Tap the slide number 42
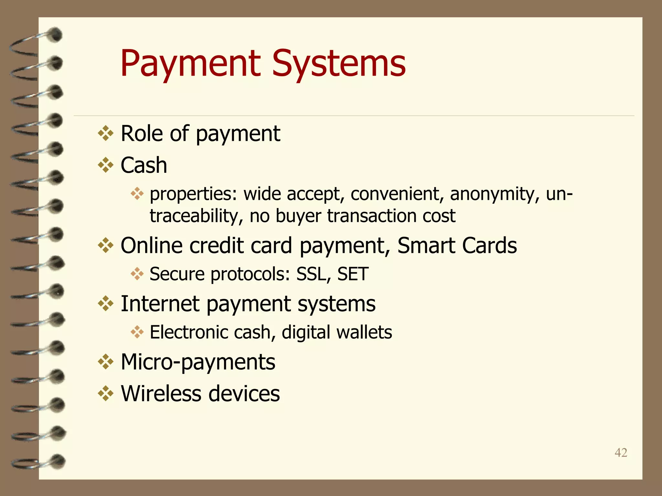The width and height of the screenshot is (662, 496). pos(621,453)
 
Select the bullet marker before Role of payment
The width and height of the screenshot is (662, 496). pos(106,133)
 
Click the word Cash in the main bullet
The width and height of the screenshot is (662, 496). pos(144,165)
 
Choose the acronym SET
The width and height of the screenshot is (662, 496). pos(353,274)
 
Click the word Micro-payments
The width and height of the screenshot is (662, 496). pos(198,362)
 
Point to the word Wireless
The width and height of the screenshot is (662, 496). pos(161,394)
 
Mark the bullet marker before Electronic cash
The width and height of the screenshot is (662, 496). pos(137,332)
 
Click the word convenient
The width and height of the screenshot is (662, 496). pos(397,194)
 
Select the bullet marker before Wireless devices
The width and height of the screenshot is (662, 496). pos(106,394)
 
